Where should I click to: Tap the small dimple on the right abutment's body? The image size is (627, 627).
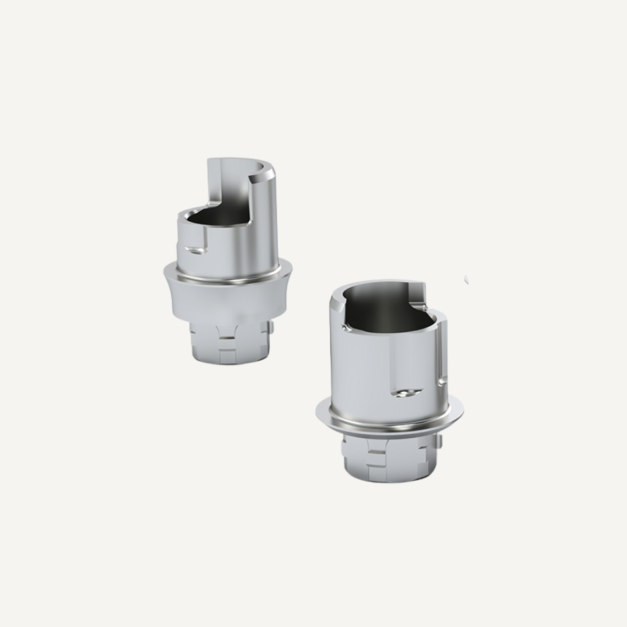[x=403, y=393]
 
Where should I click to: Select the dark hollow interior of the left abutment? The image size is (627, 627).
[x=213, y=219]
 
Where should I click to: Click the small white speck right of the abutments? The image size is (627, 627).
[x=466, y=280]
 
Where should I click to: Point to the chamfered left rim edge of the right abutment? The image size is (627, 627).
[x=335, y=312]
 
